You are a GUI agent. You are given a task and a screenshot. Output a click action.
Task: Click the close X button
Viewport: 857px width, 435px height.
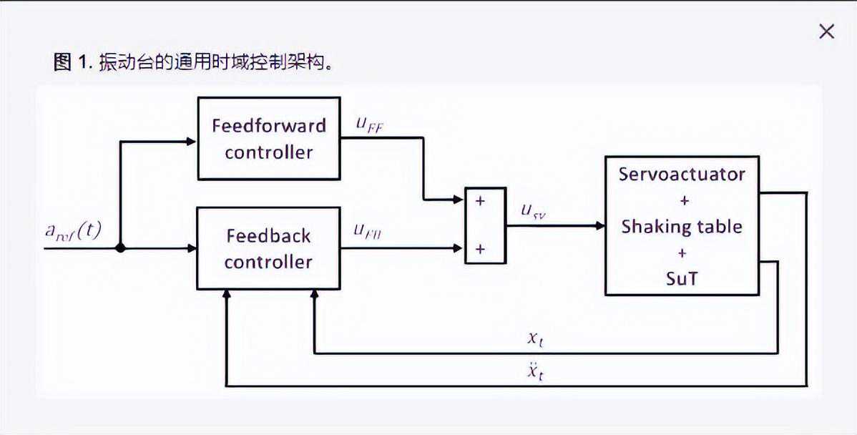[826, 31]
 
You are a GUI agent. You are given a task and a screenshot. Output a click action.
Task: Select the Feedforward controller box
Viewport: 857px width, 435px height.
[268, 138]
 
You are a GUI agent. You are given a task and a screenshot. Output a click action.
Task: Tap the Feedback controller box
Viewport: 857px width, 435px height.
[268, 248]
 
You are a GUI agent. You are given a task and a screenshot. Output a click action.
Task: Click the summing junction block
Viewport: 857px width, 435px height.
[485, 225]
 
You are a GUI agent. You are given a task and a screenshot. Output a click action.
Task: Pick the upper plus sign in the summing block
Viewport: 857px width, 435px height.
[480, 201]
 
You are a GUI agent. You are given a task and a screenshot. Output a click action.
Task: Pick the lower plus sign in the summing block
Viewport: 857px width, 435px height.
[480, 249]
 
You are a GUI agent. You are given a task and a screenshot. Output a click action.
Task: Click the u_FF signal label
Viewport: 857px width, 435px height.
[371, 122]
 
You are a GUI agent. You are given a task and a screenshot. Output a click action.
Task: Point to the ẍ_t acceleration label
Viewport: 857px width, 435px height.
[534, 371]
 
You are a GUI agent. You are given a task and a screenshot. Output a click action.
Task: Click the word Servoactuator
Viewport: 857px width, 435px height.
[682, 174]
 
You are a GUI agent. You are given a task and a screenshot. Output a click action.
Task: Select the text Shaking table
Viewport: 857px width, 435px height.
[682, 227]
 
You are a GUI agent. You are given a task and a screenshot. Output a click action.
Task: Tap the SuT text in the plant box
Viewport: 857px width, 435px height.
[682, 278]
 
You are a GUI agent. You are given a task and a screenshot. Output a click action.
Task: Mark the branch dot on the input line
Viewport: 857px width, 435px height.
[120, 248]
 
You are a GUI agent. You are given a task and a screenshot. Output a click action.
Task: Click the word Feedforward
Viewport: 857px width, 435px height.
[268, 125]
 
